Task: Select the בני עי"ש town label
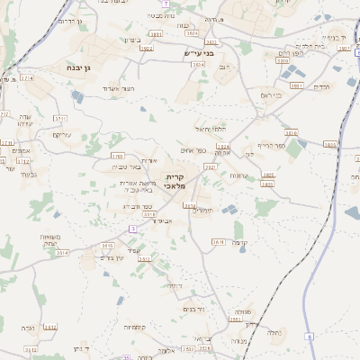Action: click(x=190, y=54)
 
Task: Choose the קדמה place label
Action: click(x=239, y=243)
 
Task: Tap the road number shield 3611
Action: click(x=218, y=241)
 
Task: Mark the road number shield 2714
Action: click(x=27, y=78)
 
